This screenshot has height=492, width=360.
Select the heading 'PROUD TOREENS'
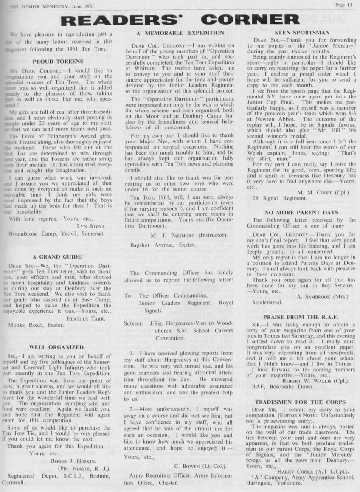[61, 61]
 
